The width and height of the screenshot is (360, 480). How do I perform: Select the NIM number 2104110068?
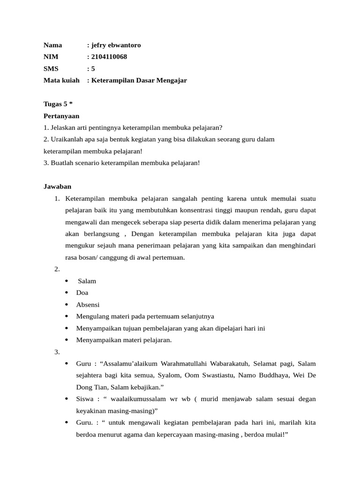click(x=109, y=57)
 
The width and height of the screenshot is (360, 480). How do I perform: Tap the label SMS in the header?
click(x=51, y=68)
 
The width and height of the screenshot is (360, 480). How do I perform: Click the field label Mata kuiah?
click(x=61, y=80)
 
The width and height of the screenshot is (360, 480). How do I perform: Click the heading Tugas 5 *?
click(x=58, y=104)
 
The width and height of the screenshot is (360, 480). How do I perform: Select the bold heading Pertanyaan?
click(x=61, y=116)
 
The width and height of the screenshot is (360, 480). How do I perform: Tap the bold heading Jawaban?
click(x=57, y=186)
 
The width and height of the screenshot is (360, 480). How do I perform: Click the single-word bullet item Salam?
click(x=87, y=281)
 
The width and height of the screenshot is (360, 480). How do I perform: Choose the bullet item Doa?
click(x=82, y=292)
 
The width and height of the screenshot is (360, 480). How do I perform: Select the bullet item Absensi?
click(x=88, y=304)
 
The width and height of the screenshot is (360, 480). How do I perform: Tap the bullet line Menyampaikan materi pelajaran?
click(x=124, y=340)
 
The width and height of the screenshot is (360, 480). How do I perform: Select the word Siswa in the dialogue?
click(x=85, y=399)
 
